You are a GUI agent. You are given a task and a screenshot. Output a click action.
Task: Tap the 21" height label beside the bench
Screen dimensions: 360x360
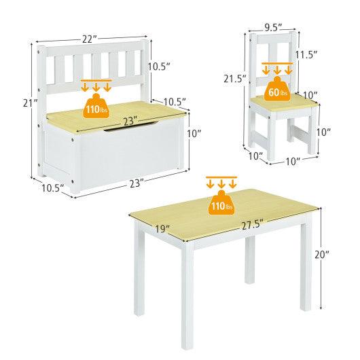26,104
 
